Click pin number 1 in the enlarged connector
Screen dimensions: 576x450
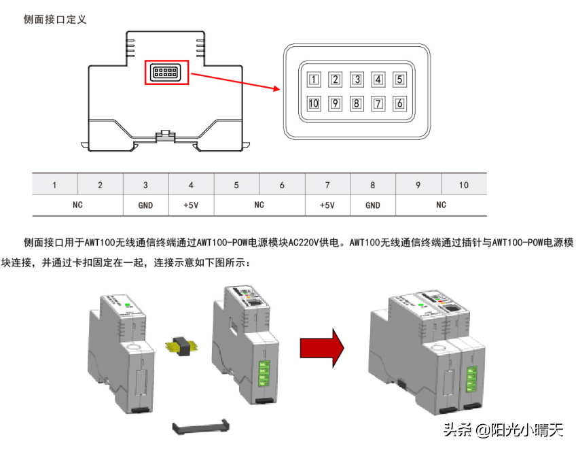tap(313, 80)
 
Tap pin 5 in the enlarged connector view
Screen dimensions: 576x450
tap(399, 80)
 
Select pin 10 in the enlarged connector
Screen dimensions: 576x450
tap(313, 103)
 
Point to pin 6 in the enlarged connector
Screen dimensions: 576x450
tap(399, 103)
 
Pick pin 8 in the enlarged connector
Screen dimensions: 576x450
tap(357, 103)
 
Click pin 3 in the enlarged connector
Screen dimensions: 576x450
tap(357, 80)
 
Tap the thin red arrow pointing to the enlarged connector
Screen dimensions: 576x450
tap(236, 82)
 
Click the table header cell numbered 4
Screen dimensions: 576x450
tap(191, 185)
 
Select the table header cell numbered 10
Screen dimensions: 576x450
tap(464, 185)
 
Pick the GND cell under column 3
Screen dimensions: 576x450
tap(145, 205)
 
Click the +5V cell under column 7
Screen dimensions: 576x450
tap(327, 205)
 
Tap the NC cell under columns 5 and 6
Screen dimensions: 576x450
tap(259, 205)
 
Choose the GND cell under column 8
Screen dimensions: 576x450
tap(373, 205)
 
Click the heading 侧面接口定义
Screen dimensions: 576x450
tap(55, 19)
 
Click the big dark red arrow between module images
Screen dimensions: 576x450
tap(322, 347)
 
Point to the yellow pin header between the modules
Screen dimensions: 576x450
tap(181, 346)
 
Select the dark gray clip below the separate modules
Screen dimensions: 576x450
tap(201, 427)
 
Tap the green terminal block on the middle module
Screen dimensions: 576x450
tap(264, 374)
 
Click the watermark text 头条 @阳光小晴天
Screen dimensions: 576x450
tap(503, 430)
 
